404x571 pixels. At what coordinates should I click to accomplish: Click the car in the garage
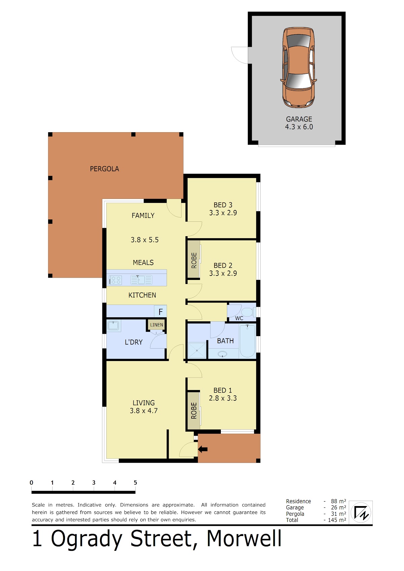click(x=298, y=68)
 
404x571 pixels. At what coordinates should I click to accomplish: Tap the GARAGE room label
click(x=299, y=119)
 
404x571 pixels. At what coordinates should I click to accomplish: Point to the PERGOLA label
click(x=104, y=169)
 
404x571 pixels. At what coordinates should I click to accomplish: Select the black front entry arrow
click(x=203, y=449)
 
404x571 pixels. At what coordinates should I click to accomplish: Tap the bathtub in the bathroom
click(x=247, y=341)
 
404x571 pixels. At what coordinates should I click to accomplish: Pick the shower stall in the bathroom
click(x=197, y=351)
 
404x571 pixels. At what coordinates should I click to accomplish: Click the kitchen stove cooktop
click(x=115, y=280)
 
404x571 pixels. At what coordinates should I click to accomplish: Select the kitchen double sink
click(x=141, y=280)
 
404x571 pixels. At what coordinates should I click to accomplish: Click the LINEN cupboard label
click(x=156, y=325)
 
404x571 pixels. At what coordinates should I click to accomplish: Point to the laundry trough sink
click(x=113, y=326)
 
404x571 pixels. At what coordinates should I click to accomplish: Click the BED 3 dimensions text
click(x=223, y=213)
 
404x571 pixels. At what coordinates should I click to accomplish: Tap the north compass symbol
click(x=361, y=512)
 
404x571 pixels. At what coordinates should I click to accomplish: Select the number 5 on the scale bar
click(x=135, y=483)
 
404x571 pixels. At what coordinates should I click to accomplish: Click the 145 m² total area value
click(x=337, y=520)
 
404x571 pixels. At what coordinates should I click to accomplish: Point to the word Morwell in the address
click(x=244, y=539)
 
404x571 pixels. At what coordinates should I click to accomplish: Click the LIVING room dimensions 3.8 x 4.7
click(x=144, y=411)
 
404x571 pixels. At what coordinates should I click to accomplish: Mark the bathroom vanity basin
click(x=223, y=354)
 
